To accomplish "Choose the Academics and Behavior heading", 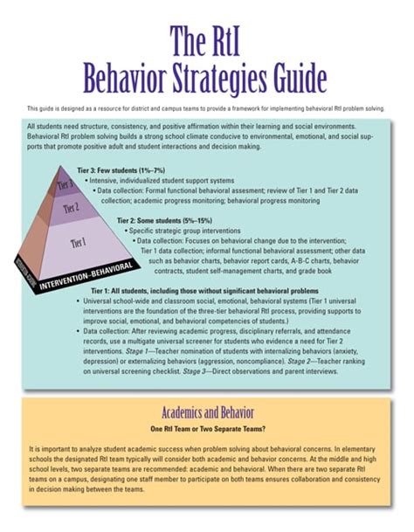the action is coord(207,411).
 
